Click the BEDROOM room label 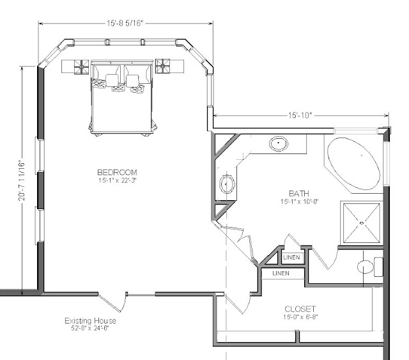[117, 172]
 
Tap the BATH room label [299, 194]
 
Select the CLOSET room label [300, 309]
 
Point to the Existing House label [90, 320]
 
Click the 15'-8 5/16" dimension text [125, 23]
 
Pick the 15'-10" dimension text [300, 115]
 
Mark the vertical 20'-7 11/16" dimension [22, 181]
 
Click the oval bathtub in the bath [353, 163]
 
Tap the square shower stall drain [362, 223]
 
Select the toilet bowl [365, 267]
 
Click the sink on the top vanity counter [279, 143]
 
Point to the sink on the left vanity [226, 184]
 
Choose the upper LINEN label [291, 258]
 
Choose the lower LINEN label [281, 273]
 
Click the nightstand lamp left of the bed [81, 67]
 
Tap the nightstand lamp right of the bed [162, 66]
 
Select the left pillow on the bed [112, 80]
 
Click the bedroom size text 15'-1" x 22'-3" [118, 180]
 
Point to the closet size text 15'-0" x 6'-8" [300, 317]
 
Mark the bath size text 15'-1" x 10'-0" [300, 202]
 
